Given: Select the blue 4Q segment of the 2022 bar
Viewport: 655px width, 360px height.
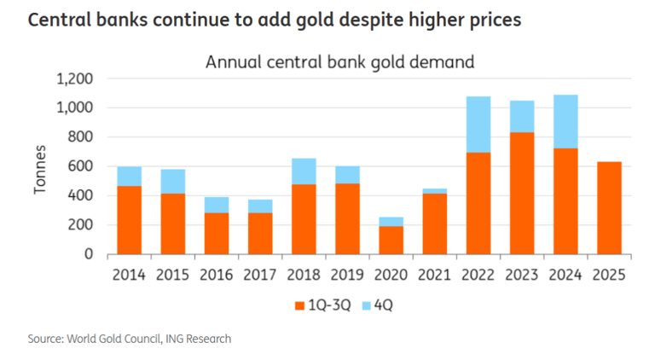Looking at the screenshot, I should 478,125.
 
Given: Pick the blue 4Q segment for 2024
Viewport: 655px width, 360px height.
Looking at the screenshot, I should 565,121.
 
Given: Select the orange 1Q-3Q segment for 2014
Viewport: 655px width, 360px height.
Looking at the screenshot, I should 129,219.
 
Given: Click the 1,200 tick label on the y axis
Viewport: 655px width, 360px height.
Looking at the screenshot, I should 74,79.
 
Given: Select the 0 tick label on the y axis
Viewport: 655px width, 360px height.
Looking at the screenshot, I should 88,254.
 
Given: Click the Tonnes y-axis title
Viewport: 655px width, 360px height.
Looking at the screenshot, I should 40,166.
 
